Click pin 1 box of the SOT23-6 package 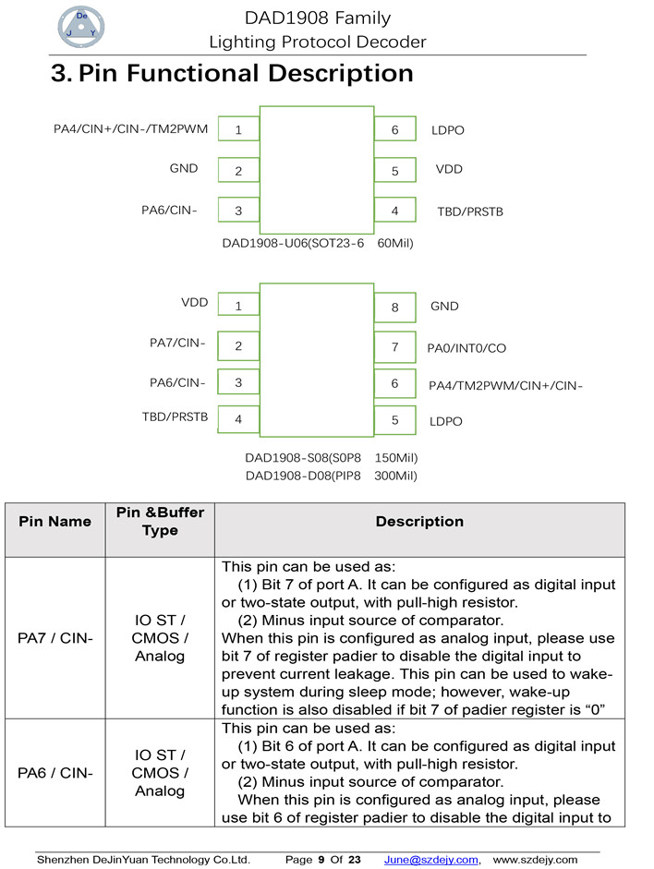point(238,130)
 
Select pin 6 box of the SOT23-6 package point(394,130)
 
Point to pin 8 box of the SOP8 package point(394,307)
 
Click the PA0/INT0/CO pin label point(466,349)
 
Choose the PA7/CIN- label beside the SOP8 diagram point(177,344)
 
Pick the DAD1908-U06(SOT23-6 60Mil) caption point(318,244)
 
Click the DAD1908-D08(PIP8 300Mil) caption point(331,476)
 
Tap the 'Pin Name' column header point(55,522)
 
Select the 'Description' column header point(419,522)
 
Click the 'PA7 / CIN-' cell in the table point(55,638)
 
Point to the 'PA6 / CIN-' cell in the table point(55,773)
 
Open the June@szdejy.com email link point(431,860)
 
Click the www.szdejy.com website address point(536,860)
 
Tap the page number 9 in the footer point(321,860)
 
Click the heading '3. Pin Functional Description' point(232,74)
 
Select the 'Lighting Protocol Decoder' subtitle point(318,42)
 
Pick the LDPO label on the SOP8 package point(446,421)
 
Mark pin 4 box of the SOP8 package point(238,419)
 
